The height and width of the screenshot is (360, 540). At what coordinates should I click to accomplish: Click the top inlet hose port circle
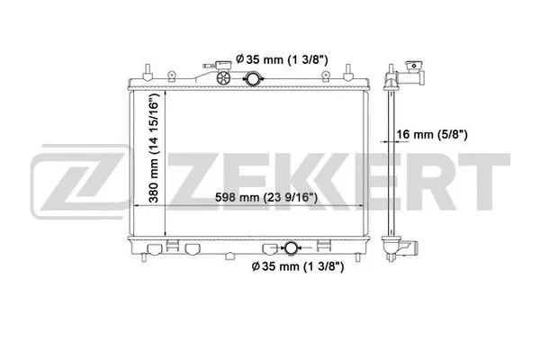tap(249, 80)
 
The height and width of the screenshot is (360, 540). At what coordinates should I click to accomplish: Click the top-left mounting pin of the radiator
tap(144, 71)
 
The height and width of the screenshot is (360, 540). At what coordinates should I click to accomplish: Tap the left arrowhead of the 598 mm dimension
tap(137, 206)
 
